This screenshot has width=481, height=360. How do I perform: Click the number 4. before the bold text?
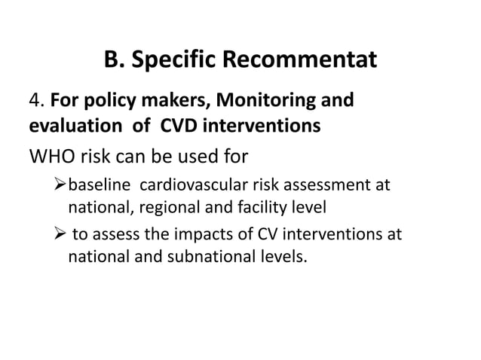click(37, 101)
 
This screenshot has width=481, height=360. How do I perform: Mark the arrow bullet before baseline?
click(60, 185)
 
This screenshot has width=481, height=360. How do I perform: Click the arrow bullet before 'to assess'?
click(60, 235)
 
